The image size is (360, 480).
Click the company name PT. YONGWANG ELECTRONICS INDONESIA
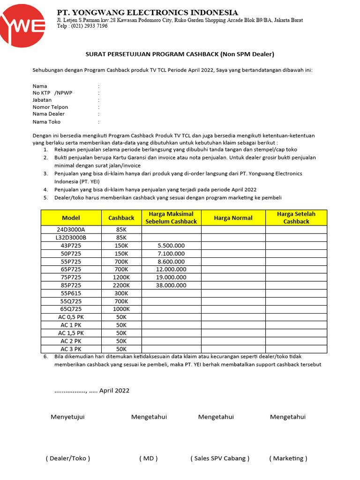pos(147,12)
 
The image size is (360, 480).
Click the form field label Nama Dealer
pos(49,114)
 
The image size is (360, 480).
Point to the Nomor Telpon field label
pos(50,107)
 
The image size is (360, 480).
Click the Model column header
pos(71,218)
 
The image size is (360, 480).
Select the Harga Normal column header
pos(233,218)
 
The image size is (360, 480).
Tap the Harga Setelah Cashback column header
pos(296,218)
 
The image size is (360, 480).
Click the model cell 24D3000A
pos(71,230)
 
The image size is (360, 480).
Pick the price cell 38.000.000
pos(171,285)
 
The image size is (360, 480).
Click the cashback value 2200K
pos(121,285)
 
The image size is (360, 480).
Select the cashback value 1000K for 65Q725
pos(121,309)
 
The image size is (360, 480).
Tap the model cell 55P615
pos(71,293)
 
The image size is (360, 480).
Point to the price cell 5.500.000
pos(171,246)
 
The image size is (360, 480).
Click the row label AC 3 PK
pos(71,349)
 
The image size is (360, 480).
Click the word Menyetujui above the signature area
pos(67,417)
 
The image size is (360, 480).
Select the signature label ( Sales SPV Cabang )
pos(220,458)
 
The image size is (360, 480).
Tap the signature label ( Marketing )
pos(288,458)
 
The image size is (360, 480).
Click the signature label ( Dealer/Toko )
pos(67,458)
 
